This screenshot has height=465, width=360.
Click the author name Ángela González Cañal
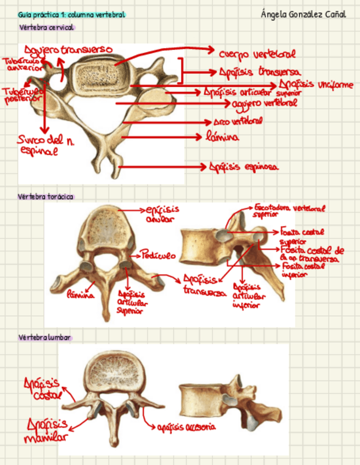click(303, 14)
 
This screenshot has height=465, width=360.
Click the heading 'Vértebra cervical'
click(46, 27)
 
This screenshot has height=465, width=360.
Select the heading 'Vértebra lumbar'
click(44, 337)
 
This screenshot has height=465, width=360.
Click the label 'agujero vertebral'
click(265, 103)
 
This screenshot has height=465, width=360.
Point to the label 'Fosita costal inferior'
click(302, 270)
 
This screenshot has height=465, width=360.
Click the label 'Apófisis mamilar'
click(47, 430)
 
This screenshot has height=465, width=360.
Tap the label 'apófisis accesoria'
click(186, 427)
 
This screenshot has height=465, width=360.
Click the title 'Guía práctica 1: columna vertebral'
click(71, 14)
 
